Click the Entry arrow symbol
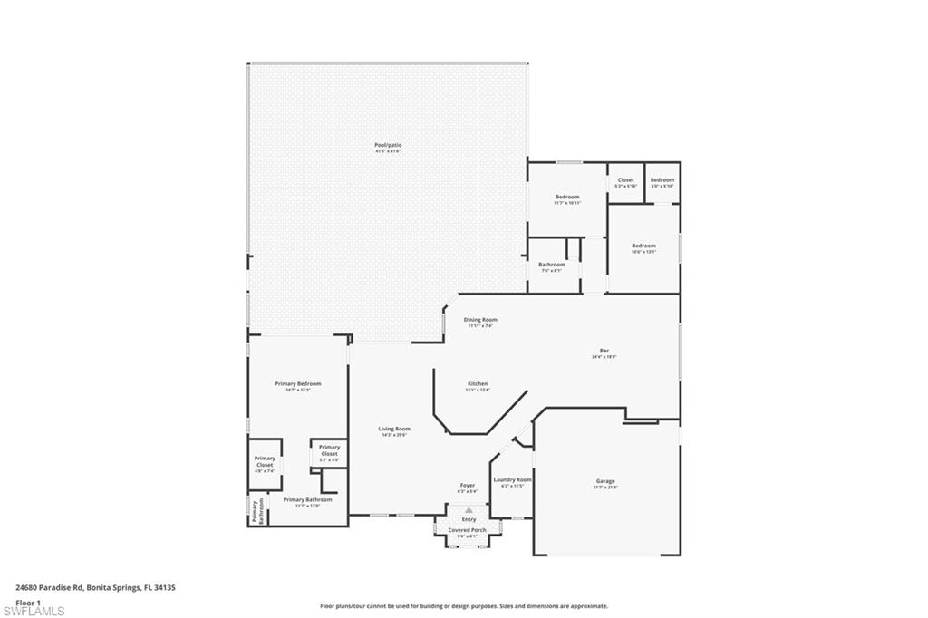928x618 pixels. click(x=469, y=510)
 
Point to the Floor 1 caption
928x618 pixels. click(x=28, y=602)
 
